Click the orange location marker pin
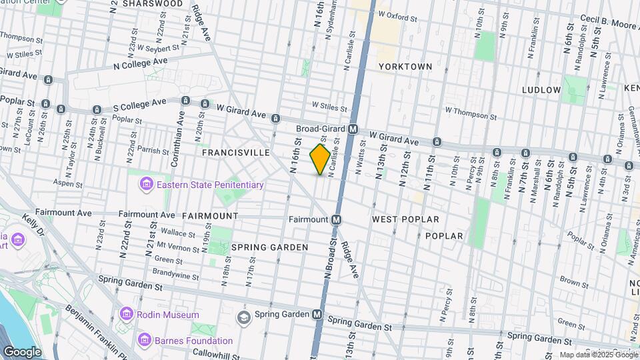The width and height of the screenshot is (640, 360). coord(321,159)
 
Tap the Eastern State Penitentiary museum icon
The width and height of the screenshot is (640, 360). coord(145,184)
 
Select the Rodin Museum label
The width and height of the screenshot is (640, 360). coord(168,315)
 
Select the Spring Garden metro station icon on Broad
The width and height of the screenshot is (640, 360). coord(318,314)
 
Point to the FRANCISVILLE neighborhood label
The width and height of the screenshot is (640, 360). coord(236,153)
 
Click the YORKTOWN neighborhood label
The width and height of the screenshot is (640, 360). coord(405,67)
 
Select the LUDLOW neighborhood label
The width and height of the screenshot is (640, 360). coord(541,89)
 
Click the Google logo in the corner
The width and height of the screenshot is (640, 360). coord(21,351)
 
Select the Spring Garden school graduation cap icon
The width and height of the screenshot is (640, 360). coord(244,315)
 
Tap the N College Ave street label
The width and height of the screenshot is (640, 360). coord(140,62)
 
